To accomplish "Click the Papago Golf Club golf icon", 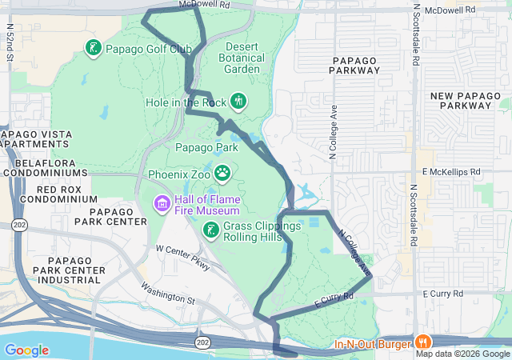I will tap(93, 48).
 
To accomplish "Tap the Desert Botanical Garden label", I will tap(242, 58).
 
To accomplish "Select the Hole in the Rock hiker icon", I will tap(238, 101).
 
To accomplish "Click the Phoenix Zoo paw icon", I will tap(222, 172).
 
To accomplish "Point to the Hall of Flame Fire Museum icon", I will tap(162, 203).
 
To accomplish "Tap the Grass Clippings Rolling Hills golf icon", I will tap(210, 230).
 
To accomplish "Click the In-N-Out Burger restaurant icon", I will tap(420, 339).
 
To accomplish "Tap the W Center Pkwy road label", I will tap(182, 257).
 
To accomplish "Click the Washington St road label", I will tap(168, 293).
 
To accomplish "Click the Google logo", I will tap(26, 350).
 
